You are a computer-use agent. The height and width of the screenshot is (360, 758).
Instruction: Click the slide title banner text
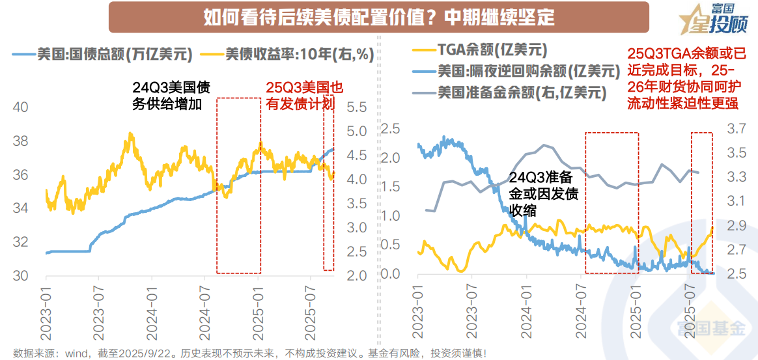pyautogui.click(x=379, y=17)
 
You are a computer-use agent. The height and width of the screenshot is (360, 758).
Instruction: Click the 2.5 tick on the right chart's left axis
pyautogui.click(x=389, y=129)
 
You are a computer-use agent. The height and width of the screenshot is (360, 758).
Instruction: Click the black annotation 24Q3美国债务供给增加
pyautogui.click(x=171, y=96)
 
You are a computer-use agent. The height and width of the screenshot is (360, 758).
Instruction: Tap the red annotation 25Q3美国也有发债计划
pyautogui.click(x=303, y=96)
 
